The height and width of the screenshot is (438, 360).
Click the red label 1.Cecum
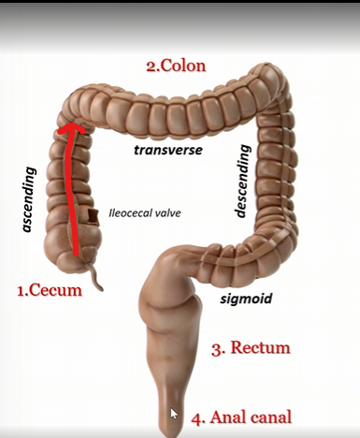pyautogui.click(x=50, y=290)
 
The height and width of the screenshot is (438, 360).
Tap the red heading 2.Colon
pyautogui.click(x=176, y=66)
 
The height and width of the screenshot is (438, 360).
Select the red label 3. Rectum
pyautogui.click(x=250, y=349)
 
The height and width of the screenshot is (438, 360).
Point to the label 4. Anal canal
pyautogui.click(x=241, y=417)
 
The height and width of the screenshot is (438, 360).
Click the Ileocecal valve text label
pyautogui.click(x=144, y=212)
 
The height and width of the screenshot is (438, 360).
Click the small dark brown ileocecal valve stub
pyautogui.click(x=94, y=217)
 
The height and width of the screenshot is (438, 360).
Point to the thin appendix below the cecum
pyautogui.click(x=94, y=276)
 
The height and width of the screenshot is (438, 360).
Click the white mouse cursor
pyautogui.click(x=174, y=413)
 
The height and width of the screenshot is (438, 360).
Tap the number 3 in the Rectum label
pyautogui.click(x=216, y=350)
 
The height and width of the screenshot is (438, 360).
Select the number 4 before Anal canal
pyautogui.click(x=196, y=417)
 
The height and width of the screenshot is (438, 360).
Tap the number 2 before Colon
pyautogui.click(x=150, y=66)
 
